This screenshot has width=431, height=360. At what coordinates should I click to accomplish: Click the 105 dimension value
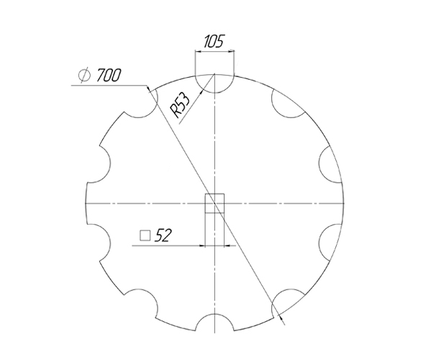pyautogui.click(x=214, y=40)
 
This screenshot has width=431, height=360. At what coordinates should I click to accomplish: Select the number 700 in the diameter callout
pyautogui.click(x=106, y=75)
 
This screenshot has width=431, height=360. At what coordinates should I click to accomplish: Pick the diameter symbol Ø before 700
pyautogui.click(x=83, y=75)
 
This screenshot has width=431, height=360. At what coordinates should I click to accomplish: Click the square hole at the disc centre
pyautogui.click(x=215, y=204)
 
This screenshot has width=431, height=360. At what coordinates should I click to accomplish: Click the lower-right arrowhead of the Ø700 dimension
pyautogui.click(x=280, y=314)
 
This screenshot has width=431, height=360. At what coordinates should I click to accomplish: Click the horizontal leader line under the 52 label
pyautogui.click(x=165, y=246)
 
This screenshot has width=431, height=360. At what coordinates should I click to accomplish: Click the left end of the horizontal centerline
pyautogui.click(x=81, y=204)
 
